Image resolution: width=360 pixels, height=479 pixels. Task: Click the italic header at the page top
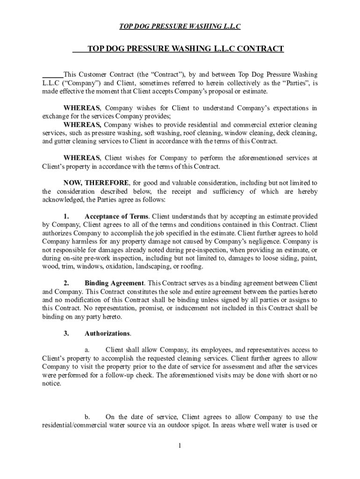coord(180,27)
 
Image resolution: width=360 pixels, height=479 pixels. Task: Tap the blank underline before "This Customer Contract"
coord(52,74)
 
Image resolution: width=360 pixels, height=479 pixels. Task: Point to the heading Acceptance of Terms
coord(116,217)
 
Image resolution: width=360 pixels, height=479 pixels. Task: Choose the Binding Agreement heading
coord(114,283)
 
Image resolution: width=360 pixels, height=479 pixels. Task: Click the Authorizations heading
coord(107,334)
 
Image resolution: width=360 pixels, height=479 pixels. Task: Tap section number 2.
coord(66,283)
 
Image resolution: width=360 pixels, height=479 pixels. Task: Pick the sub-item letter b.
coord(87,417)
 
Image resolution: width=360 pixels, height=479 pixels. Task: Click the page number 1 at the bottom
coord(180,445)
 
